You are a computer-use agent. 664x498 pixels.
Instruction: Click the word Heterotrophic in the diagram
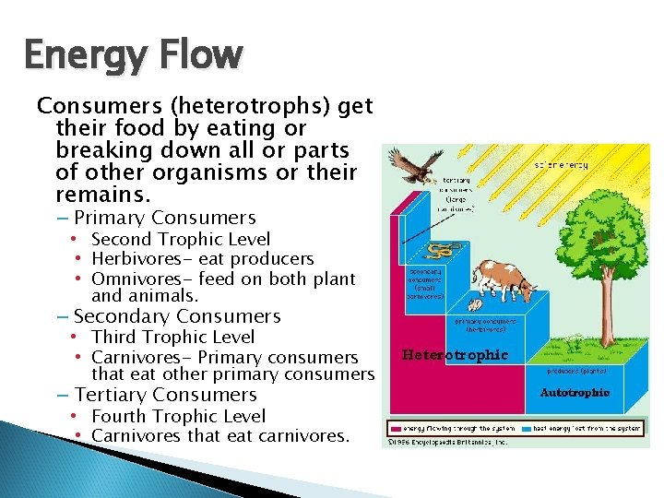455,355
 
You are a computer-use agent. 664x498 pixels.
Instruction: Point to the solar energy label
562,165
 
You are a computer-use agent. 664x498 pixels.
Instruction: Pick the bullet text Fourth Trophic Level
179,416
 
